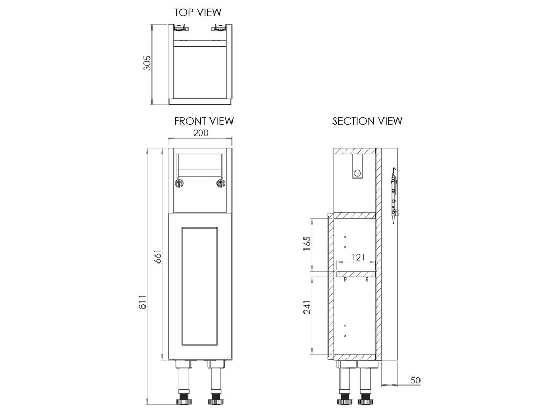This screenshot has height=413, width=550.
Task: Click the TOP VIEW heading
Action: (x=198, y=12)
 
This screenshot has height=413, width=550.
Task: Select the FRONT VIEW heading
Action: (x=204, y=121)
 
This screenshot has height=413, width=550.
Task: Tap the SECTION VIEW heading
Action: (x=367, y=121)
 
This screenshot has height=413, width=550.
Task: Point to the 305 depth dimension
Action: (x=147, y=63)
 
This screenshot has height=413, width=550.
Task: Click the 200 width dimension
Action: (x=201, y=133)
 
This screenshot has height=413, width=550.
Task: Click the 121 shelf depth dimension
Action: (x=358, y=258)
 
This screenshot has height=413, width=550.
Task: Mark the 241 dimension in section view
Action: (x=307, y=307)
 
